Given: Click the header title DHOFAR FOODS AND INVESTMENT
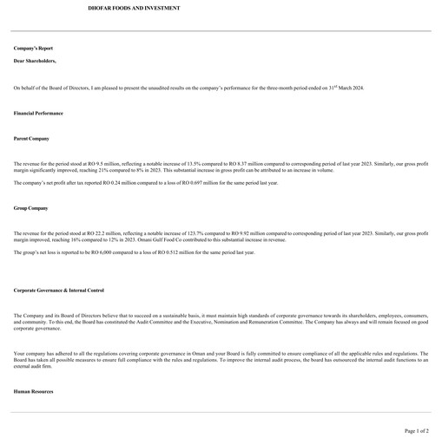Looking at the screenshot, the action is [135, 8].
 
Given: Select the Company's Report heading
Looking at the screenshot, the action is [33, 49].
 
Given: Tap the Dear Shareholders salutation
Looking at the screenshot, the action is [35, 62].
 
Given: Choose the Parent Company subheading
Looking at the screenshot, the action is [31, 139].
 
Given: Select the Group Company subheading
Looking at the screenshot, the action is [30, 208].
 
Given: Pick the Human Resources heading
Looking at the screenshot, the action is [33, 392].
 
